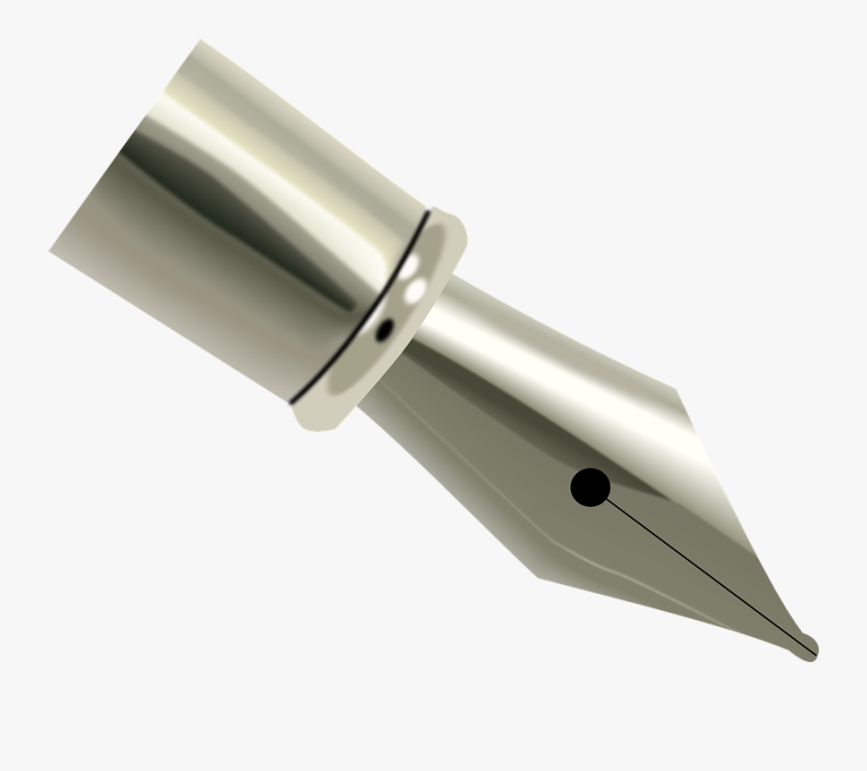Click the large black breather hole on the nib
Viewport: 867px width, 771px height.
pyautogui.click(x=590, y=488)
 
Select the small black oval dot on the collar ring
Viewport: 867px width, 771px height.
pyautogui.click(x=383, y=331)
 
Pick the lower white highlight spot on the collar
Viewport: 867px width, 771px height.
pyautogui.click(x=417, y=288)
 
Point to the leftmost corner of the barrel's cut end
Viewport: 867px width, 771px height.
pyautogui.click(x=50, y=252)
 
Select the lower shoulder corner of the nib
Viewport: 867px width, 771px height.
pyautogui.click(x=538, y=578)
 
